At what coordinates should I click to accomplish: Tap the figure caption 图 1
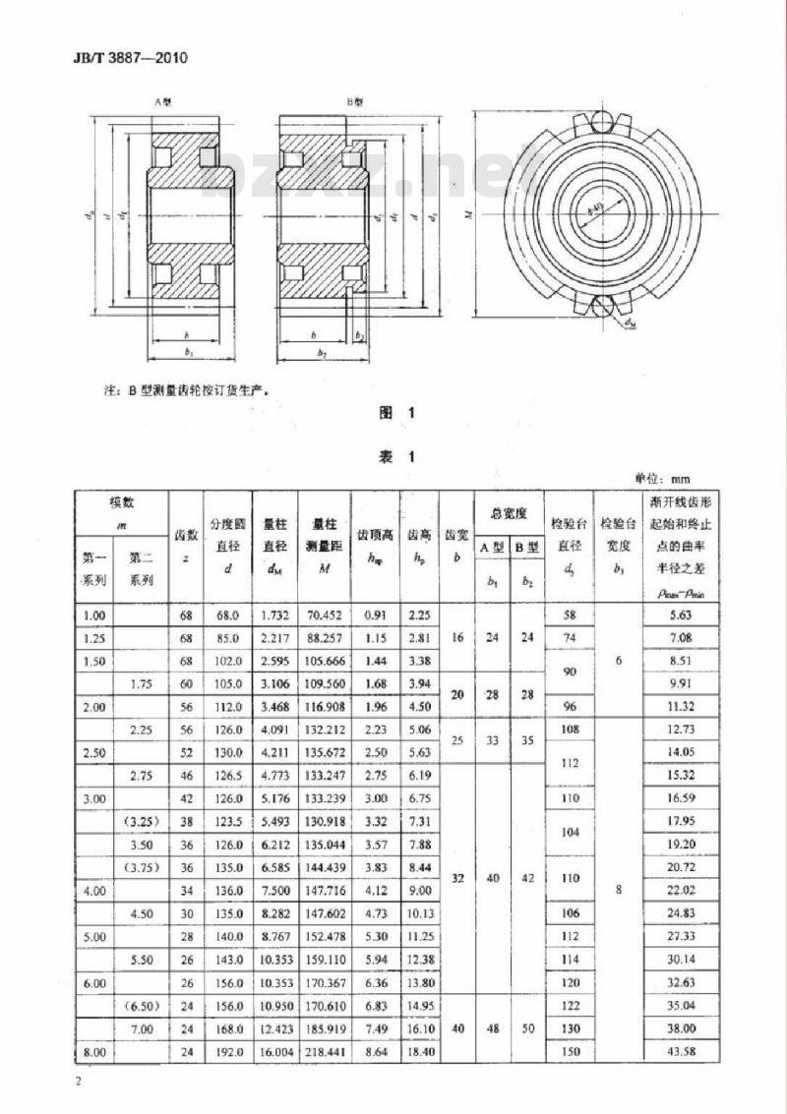pyautogui.click(x=399, y=414)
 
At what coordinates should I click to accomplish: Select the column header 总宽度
pyautogui.click(x=509, y=512)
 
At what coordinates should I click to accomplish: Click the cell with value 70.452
pyautogui.click(x=325, y=615)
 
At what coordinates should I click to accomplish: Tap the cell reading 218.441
pyautogui.click(x=325, y=1052)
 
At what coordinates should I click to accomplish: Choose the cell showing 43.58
pyautogui.click(x=681, y=1052)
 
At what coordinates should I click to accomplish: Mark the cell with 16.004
pyautogui.click(x=273, y=1052)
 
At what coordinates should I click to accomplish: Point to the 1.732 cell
pyautogui.click(x=273, y=615)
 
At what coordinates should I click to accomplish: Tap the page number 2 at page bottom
pyautogui.click(x=77, y=1083)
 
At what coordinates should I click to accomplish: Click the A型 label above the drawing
pyautogui.click(x=162, y=101)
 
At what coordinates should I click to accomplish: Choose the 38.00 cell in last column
pyautogui.click(x=681, y=1028)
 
